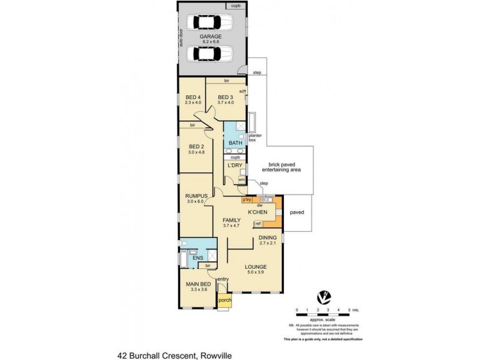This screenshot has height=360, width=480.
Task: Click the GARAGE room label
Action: click(207, 35)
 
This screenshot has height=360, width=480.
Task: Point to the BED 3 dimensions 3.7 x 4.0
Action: click(225, 103)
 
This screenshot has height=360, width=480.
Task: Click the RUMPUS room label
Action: click(196, 196)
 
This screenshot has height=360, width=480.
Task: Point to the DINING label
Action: click(267, 238)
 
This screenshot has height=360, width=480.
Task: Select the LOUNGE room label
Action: click(256, 266)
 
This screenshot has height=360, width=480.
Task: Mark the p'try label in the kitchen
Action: click(246, 199)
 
